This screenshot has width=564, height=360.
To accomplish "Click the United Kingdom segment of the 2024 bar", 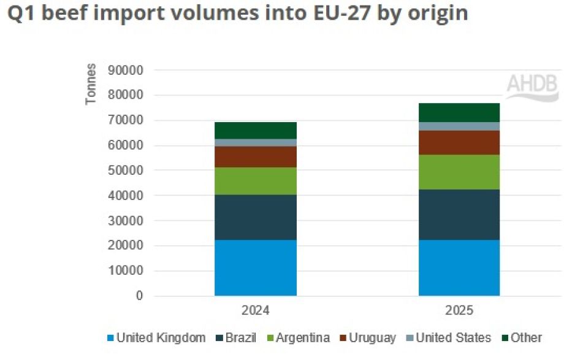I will tap(255, 267).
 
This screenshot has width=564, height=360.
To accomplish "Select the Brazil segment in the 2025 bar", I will tap(459, 215).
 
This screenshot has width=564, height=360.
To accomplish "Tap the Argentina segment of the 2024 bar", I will tap(255, 181).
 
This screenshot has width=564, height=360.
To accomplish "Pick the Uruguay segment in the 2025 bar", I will tap(459, 142).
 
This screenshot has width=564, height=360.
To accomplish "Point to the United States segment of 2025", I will tap(459, 126).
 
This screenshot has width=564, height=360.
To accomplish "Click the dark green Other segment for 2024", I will tap(255, 130).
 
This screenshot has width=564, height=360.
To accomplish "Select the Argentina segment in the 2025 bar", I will tap(459, 172).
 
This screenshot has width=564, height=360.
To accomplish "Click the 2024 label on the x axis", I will tap(256, 312).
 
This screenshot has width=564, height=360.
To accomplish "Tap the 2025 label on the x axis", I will tap(460, 312).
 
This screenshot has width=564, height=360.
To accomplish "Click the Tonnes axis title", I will tap(91, 85).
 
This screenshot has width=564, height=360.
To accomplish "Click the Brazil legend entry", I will tap(236, 338).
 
